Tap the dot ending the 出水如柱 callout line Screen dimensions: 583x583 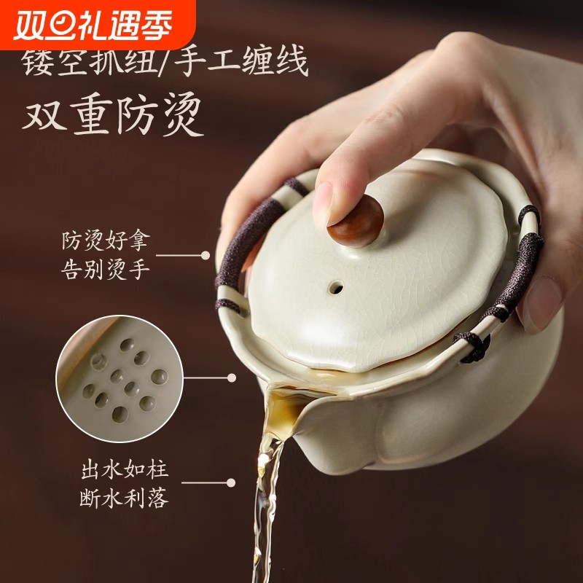pos(231,482)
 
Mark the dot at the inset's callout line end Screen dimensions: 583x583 pos(232,377)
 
